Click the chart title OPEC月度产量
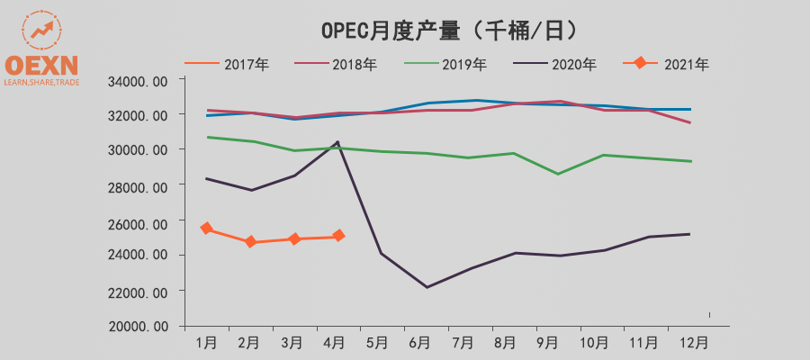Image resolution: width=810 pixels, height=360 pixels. [x=449, y=30]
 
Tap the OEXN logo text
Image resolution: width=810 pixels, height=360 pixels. [x=41, y=66]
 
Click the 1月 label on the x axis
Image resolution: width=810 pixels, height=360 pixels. [x=206, y=343]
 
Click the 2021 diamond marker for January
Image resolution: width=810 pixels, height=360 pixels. [x=206, y=229]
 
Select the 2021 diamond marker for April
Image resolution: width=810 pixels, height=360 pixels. [x=338, y=236]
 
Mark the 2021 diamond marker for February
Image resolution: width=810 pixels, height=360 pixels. [x=250, y=242]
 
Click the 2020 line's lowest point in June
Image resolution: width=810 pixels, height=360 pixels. [x=426, y=287]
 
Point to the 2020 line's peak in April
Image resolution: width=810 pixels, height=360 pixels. [x=337, y=142]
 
